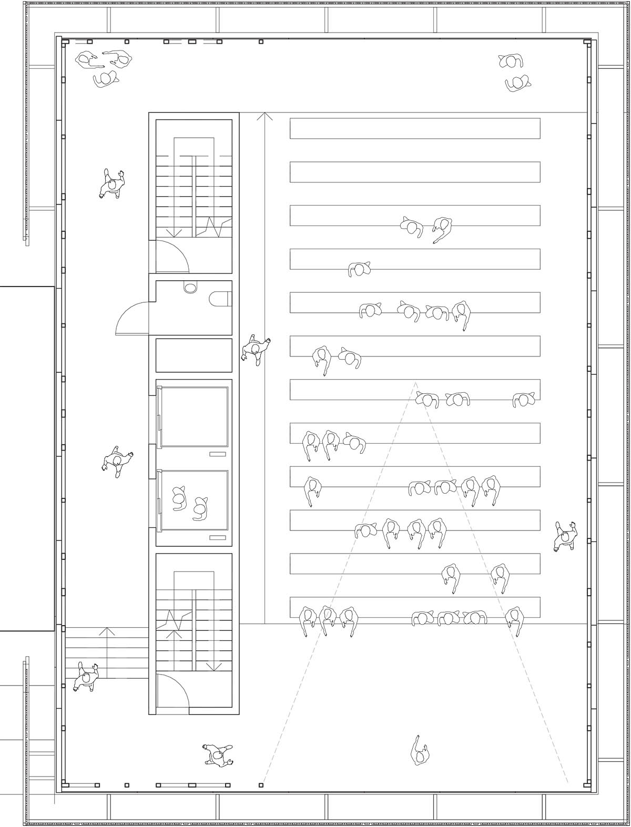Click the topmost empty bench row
tap(415, 128)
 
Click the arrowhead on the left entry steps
tap(107, 631)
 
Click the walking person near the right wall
tap(565, 536)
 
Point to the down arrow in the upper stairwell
tap(174, 232)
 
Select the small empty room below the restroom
tap(194, 355)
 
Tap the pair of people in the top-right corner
tap(514, 72)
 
